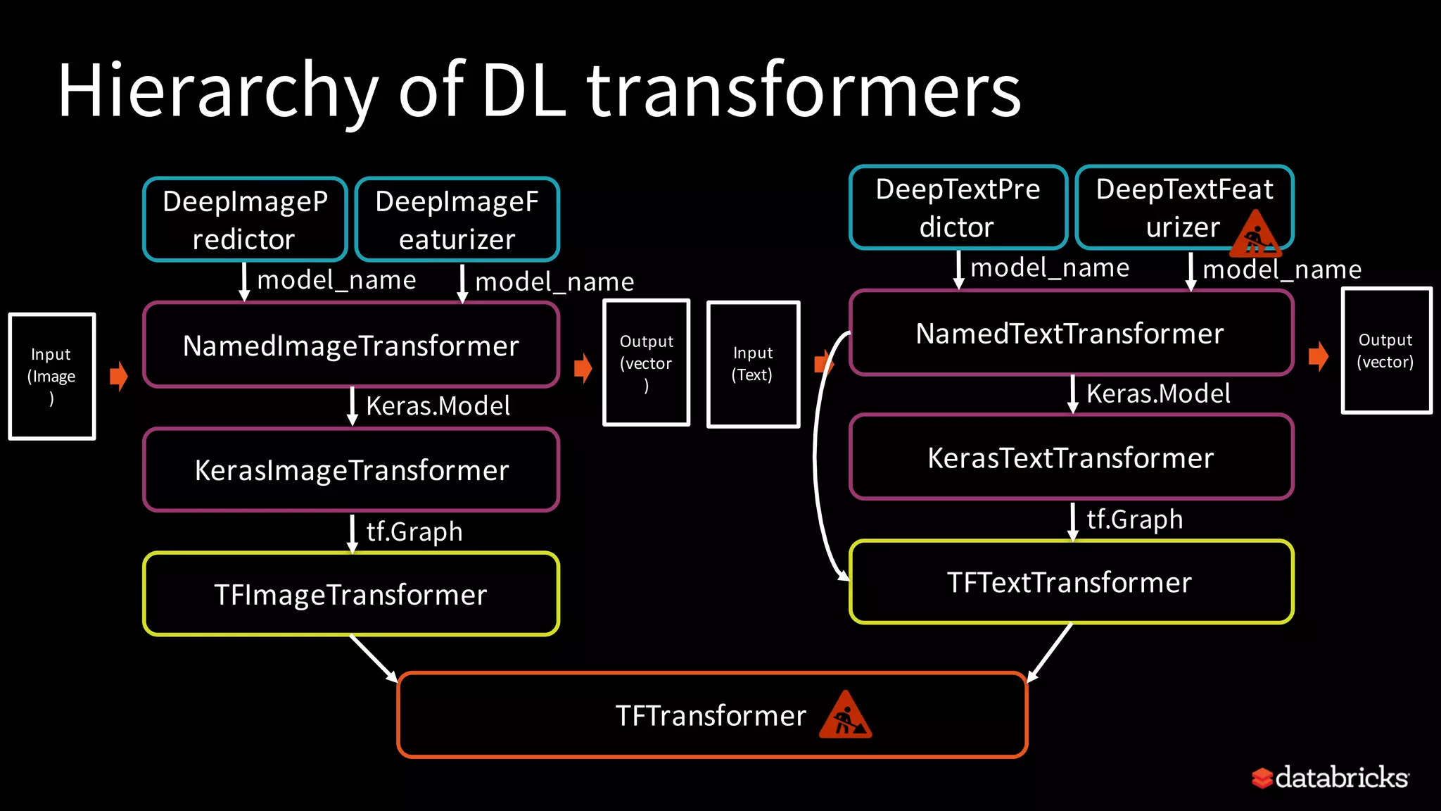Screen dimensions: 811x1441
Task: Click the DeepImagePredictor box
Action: (245, 220)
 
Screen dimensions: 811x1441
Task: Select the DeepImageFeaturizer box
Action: (457, 220)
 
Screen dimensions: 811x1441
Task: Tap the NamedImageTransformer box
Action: (351, 345)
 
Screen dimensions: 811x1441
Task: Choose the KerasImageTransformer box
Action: (351, 470)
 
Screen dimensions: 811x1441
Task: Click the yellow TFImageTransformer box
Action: (351, 594)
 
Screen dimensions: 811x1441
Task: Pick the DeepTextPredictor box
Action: (958, 208)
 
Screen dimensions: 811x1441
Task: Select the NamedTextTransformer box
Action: (1070, 332)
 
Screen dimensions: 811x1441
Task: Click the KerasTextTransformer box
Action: (1070, 458)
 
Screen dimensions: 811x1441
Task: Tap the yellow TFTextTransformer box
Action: (1070, 582)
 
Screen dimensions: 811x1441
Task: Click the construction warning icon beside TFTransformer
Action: (845, 717)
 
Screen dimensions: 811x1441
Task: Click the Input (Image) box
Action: (52, 377)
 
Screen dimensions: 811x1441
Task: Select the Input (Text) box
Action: (753, 364)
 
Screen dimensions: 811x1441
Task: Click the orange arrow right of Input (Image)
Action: (119, 376)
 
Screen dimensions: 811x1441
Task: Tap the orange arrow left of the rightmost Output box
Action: (1318, 356)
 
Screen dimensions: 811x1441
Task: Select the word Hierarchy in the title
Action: (218, 92)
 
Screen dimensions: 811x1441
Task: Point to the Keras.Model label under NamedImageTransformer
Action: (438, 406)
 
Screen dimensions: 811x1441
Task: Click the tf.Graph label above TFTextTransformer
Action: (1134, 520)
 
